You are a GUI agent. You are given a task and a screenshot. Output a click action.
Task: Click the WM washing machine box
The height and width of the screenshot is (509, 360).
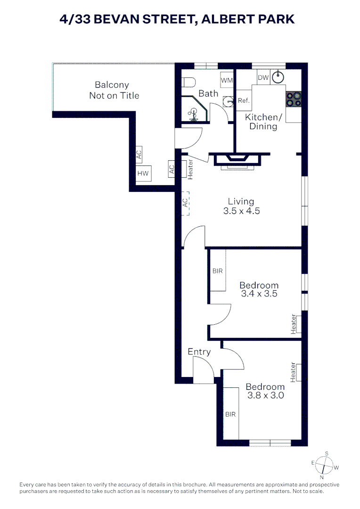click(227, 80)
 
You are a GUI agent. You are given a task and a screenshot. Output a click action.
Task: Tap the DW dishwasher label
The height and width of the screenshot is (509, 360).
click(262, 77)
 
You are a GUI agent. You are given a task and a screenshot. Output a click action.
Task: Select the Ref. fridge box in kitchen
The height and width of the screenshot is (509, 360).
click(244, 100)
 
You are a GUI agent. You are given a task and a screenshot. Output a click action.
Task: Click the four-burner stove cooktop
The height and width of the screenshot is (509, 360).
click(293, 99)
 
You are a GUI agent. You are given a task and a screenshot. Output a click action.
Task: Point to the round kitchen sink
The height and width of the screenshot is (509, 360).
click(279, 75)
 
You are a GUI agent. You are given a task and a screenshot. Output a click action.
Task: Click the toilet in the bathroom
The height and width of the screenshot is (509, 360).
click(188, 82)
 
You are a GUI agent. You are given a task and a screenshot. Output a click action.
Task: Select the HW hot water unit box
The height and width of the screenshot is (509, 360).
click(143, 173)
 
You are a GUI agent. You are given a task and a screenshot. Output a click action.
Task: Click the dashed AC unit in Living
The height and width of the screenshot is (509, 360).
click(186, 203)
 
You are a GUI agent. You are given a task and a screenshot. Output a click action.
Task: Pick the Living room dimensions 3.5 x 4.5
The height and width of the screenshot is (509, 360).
click(241, 211)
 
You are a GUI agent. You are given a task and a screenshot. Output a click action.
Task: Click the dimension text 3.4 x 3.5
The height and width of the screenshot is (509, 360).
click(259, 294)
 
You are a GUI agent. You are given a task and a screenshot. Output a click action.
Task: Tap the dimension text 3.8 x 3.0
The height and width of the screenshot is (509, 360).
click(265, 395)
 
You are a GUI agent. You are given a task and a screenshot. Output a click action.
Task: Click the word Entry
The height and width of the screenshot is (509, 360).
click(199, 352)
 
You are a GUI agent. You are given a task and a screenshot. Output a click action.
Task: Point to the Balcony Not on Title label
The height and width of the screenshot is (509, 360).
click(114, 90)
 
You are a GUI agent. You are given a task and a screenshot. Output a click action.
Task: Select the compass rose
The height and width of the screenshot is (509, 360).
click(324, 466)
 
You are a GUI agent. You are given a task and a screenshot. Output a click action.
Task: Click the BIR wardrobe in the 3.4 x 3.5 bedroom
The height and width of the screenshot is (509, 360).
click(218, 271)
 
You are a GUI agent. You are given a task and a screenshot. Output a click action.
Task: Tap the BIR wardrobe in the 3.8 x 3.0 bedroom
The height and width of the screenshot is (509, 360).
click(230, 414)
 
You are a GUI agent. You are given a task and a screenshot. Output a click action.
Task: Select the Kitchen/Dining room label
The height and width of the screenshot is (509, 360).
click(263, 122)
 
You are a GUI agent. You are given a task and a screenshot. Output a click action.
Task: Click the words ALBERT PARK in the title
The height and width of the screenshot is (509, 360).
click(245, 19)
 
